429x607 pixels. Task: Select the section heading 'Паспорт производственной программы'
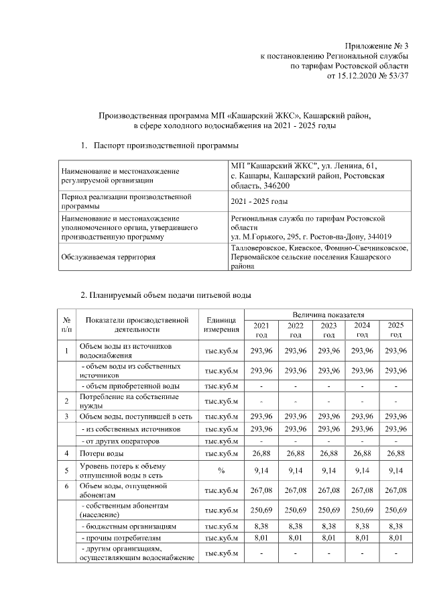[x=167, y=145]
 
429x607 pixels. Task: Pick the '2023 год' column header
[x=328, y=329]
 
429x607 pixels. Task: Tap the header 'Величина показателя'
[x=328, y=314]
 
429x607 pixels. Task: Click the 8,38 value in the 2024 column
[x=362, y=527]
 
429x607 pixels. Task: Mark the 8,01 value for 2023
[x=328, y=537]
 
